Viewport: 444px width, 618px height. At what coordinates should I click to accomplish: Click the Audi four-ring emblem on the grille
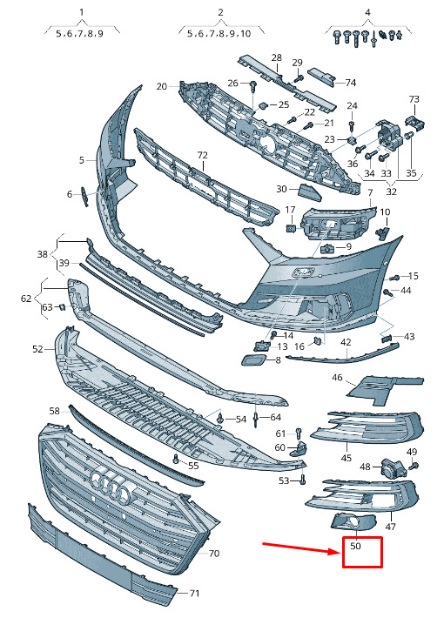pyautogui.click(x=111, y=485)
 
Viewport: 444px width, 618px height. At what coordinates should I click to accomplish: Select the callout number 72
pyautogui.click(x=202, y=155)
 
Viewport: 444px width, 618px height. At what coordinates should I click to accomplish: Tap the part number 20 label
pyautogui.click(x=162, y=86)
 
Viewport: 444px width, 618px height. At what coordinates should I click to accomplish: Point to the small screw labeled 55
pyautogui.click(x=176, y=459)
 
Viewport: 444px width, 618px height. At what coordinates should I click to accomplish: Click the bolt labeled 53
pyautogui.click(x=303, y=480)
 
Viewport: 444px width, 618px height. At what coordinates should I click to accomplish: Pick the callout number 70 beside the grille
pyautogui.click(x=213, y=554)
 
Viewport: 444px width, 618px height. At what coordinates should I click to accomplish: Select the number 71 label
pyautogui.click(x=194, y=593)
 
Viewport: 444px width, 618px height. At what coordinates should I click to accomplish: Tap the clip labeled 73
pyautogui.click(x=414, y=121)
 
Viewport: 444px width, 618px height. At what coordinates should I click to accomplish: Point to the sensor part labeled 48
pyautogui.click(x=391, y=467)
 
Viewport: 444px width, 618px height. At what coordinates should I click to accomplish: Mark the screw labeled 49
pyautogui.click(x=414, y=467)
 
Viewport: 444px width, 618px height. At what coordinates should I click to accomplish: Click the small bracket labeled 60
pyautogui.click(x=299, y=449)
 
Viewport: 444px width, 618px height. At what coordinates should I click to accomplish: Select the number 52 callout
pyautogui.click(x=37, y=349)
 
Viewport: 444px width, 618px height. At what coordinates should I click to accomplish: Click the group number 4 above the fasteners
pyautogui.click(x=368, y=12)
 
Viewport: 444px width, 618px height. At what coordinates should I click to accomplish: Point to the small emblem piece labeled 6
pyautogui.click(x=84, y=197)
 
